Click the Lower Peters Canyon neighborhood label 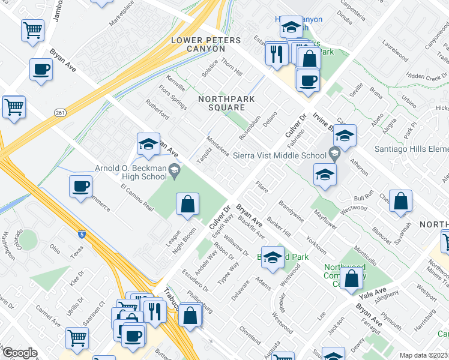pyautogui.click(x=205, y=44)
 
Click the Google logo pyautogui.click(x=20, y=353)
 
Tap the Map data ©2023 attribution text pyautogui.click(x=423, y=355)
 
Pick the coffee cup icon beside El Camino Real pyautogui.click(x=80, y=186)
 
